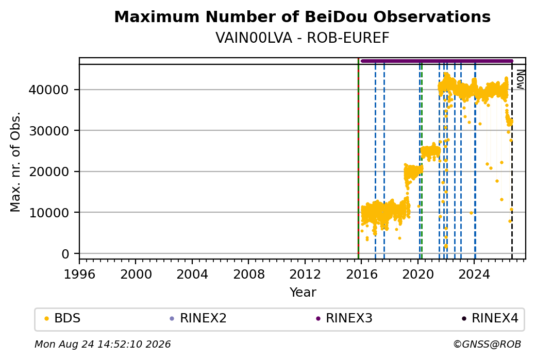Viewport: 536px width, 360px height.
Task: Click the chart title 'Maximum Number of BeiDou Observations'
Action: pyautogui.click(x=302, y=16)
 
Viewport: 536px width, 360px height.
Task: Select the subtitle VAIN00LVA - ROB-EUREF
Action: pyautogui.click(x=302, y=38)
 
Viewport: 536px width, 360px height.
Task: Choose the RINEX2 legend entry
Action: pyautogui.click(x=198, y=318)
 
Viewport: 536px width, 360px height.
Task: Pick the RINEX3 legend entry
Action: pyautogui.click(x=344, y=318)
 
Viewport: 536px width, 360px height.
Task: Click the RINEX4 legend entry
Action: pyautogui.click(x=490, y=318)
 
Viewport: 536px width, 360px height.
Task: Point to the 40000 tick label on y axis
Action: pyautogui.click(x=49, y=90)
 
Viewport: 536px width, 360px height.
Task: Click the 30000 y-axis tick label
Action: pyautogui.click(x=49, y=131)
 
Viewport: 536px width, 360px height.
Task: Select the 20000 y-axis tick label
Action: pyautogui.click(x=49, y=172)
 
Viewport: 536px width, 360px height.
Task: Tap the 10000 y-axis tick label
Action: pyautogui.click(x=49, y=213)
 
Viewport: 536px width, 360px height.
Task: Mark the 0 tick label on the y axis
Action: pyautogui.click(x=65, y=254)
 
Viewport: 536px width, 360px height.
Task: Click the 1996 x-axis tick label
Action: pyautogui.click(x=79, y=275)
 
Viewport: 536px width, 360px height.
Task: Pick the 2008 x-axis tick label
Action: pyautogui.click(x=248, y=275)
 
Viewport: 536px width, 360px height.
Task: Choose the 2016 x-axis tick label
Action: pyautogui.click(x=362, y=275)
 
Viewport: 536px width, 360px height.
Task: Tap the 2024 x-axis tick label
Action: pyautogui.click(x=475, y=275)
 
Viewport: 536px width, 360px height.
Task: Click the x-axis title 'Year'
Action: pyautogui.click(x=303, y=293)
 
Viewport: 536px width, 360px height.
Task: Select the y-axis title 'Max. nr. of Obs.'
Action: pyautogui.click(x=15, y=162)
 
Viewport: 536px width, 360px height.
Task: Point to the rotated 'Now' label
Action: pyautogui.click(x=520, y=80)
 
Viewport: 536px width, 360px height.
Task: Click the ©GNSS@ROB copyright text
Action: pyautogui.click(x=487, y=344)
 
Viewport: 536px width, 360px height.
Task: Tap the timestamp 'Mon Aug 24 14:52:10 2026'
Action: pyautogui.click(x=103, y=344)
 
